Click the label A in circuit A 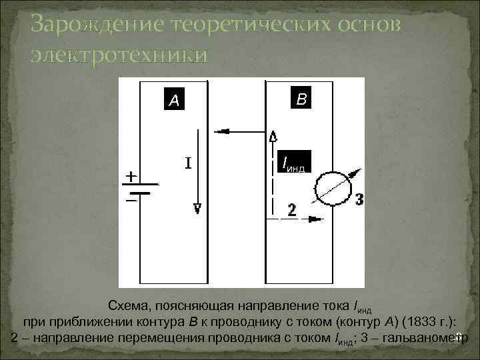click(x=174, y=101)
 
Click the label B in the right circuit click(x=301, y=99)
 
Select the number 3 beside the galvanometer click(x=359, y=199)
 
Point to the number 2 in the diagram click(x=291, y=210)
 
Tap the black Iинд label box click(x=293, y=163)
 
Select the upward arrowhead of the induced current click(x=273, y=137)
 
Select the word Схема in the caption click(x=128, y=306)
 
